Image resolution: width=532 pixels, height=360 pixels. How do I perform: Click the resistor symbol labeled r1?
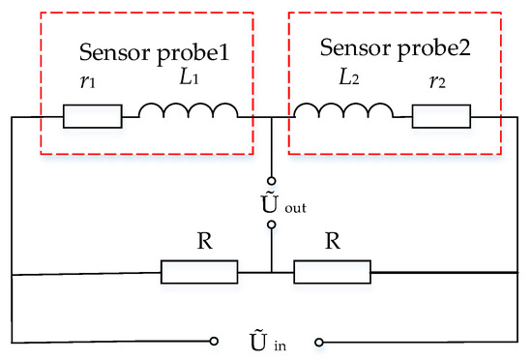click(x=93, y=117)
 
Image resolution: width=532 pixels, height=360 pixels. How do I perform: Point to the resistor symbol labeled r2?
click(x=440, y=117)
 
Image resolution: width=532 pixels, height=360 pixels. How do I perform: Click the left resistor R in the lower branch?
click(x=198, y=273)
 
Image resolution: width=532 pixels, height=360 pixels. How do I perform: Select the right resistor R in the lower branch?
click(x=332, y=273)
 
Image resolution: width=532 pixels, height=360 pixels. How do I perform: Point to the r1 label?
click(x=86, y=84)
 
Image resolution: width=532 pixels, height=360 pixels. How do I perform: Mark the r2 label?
click(x=445, y=84)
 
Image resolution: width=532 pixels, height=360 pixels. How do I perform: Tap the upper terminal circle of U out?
click(x=272, y=180)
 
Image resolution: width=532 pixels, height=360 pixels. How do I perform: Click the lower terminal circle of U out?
click(x=272, y=225)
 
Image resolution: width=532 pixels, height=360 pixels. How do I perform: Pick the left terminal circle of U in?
click(x=215, y=342)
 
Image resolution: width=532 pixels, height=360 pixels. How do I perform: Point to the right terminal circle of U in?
click(x=318, y=342)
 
